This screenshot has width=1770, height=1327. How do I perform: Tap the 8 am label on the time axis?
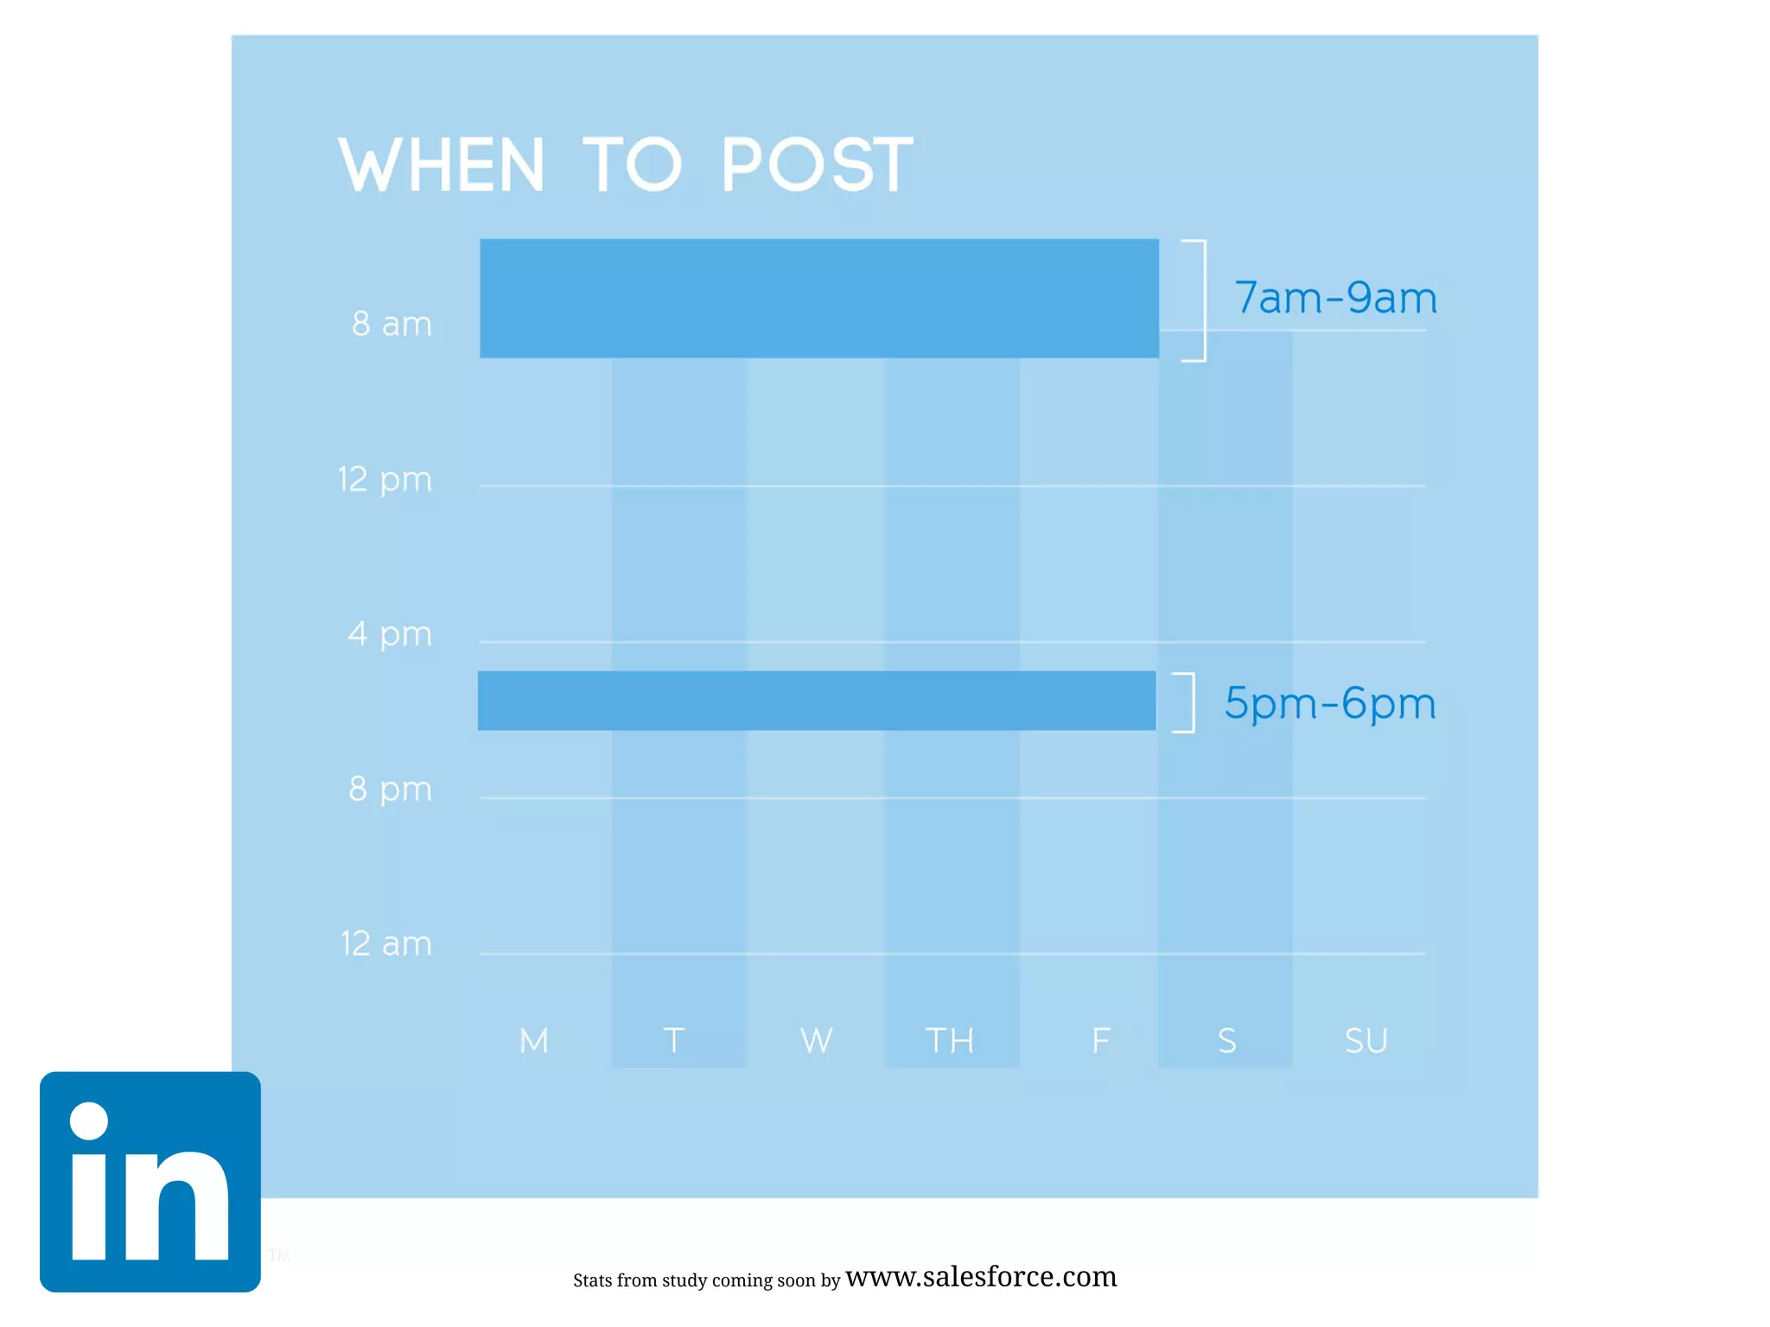(392, 324)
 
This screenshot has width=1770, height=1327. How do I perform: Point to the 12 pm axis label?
(385, 479)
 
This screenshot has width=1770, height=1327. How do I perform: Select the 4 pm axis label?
(390, 634)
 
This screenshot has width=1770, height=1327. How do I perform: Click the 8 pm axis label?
(390, 789)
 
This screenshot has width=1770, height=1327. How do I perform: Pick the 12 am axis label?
(385, 943)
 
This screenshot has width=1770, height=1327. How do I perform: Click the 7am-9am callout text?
(1335, 298)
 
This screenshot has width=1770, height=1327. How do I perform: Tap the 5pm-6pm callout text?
(1330, 703)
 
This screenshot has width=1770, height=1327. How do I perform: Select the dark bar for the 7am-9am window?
(818, 298)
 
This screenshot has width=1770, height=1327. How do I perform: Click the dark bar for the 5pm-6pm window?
(816, 701)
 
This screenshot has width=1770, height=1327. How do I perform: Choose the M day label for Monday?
(534, 1041)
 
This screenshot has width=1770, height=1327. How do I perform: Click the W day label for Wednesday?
(816, 1041)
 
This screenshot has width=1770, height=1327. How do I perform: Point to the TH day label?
(950, 1041)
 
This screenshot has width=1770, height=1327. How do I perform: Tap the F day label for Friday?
(1100, 1041)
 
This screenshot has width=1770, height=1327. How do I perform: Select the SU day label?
(1366, 1041)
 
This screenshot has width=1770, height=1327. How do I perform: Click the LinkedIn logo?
(150, 1182)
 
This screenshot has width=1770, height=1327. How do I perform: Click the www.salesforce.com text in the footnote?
(981, 1276)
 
